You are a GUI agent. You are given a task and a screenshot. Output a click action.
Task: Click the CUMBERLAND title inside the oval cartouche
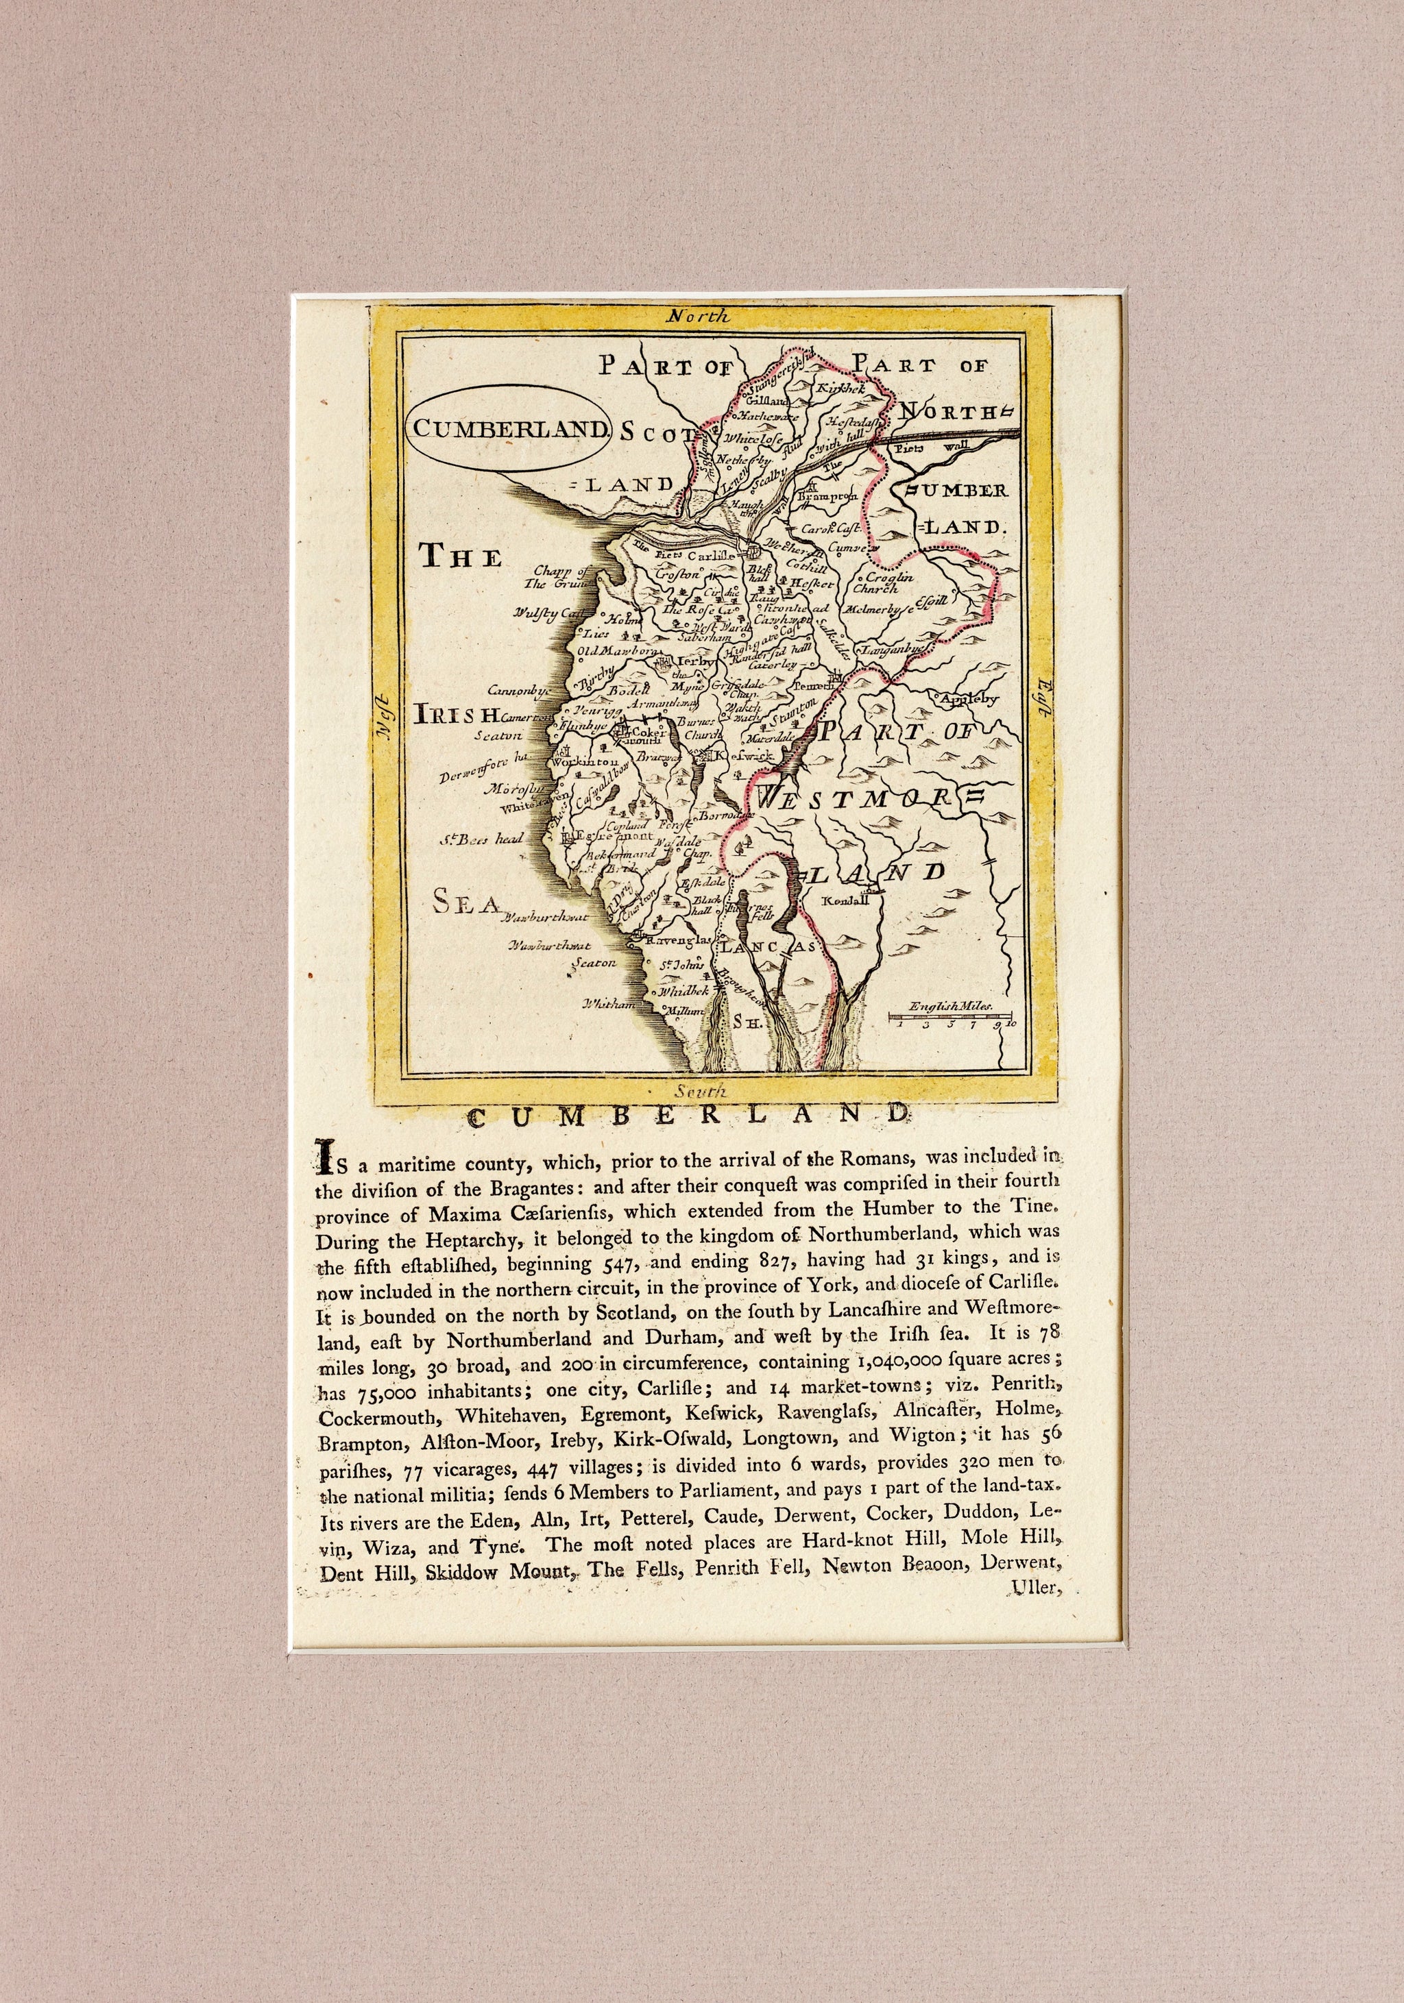coord(509,428)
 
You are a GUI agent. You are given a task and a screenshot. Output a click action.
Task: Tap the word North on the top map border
coord(698,317)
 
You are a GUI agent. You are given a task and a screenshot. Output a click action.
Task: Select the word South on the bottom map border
coord(700,1090)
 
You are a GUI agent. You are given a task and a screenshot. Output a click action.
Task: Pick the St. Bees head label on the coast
coord(481,839)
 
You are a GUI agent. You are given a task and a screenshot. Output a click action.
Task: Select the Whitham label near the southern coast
coord(608,1004)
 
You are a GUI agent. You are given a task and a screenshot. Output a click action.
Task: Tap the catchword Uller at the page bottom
coord(1034,1588)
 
